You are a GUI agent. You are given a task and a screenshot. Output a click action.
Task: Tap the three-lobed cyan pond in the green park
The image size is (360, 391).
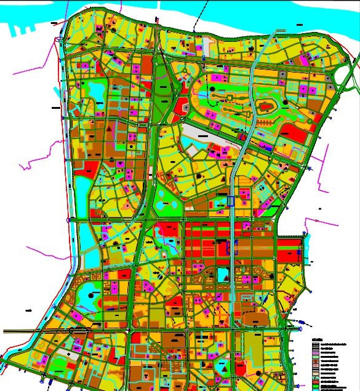pos(165,202)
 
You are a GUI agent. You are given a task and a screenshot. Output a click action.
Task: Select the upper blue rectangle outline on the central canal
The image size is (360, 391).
pos(231,200)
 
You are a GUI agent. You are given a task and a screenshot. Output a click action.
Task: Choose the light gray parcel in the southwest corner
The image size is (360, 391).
pos(73,355)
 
